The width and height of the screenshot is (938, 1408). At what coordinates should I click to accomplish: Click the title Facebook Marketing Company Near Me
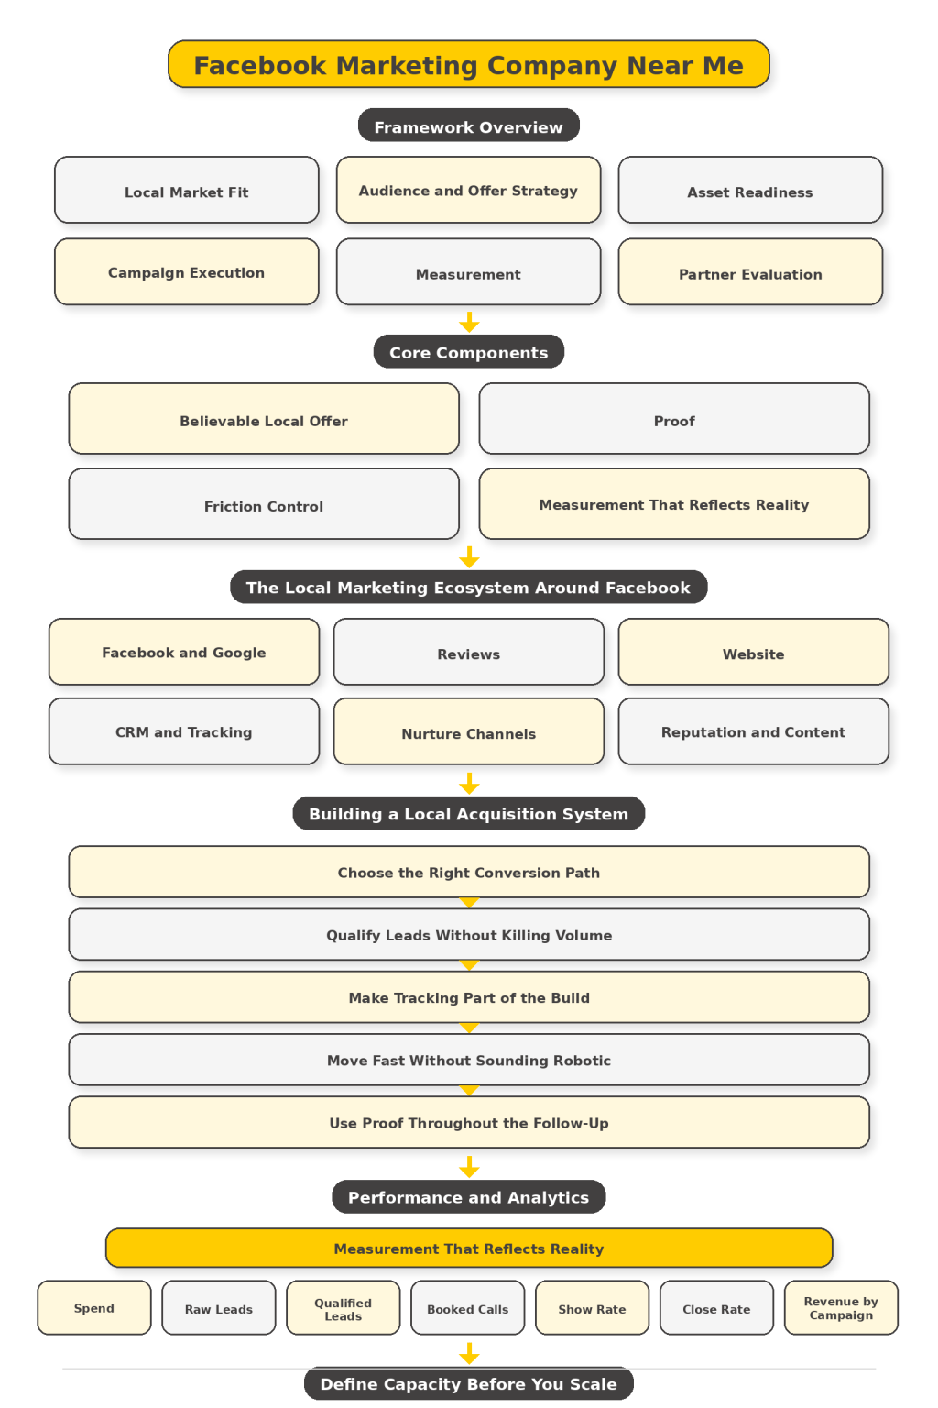pos(468,65)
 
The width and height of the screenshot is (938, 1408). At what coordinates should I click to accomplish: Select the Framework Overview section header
pos(468,126)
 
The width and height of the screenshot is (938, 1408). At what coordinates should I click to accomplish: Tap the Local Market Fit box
pos(187,191)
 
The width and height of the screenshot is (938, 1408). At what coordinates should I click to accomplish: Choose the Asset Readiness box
pos(750,191)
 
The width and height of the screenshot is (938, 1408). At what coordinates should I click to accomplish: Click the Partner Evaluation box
pos(750,272)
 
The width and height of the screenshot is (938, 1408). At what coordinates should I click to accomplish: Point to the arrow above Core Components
pos(469,322)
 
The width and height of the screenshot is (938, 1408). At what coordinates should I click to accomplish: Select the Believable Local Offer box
pos(264,420)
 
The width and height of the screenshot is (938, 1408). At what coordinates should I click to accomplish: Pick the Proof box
pos(674,420)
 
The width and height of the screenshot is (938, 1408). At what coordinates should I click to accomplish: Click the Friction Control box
pos(264,505)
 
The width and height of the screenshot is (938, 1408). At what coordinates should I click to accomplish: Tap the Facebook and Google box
pos(184,652)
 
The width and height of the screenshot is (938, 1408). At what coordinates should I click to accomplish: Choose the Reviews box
pos(468,653)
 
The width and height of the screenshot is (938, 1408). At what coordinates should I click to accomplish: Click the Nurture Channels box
pos(468,732)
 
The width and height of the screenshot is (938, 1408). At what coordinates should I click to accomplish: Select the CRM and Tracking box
pos(184,731)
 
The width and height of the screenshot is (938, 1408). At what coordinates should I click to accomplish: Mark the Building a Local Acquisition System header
pos(468,813)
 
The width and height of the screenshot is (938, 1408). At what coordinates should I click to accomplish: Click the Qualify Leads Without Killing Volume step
pos(468,935)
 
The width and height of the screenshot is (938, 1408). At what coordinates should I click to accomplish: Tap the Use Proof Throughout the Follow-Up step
pos(468,1123)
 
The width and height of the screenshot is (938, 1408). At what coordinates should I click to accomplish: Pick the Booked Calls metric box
pos(467,1308)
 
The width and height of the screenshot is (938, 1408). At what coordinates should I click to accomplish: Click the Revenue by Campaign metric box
pos(841,1308)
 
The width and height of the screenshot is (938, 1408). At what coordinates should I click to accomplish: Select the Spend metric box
pos(94,1308)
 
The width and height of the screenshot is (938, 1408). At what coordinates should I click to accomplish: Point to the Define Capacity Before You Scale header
pos(468,1383)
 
